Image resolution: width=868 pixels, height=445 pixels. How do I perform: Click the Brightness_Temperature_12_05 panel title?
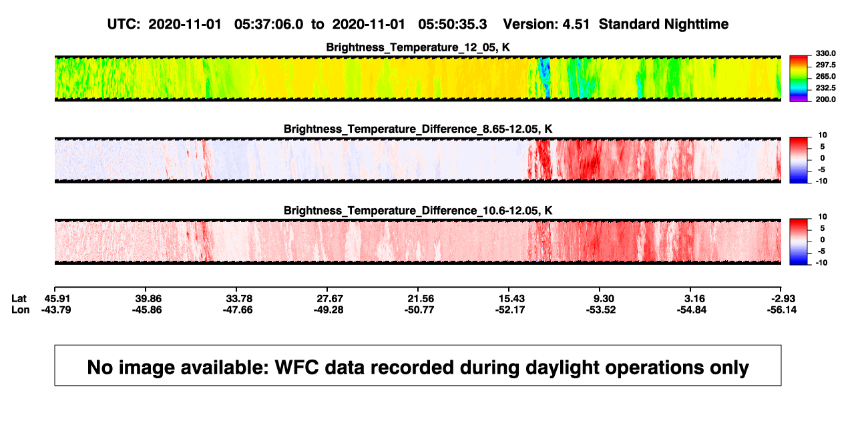418,47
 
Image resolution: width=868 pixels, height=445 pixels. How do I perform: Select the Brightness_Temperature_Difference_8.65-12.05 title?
418,129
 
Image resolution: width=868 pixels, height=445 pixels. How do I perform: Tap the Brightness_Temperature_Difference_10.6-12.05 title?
418,211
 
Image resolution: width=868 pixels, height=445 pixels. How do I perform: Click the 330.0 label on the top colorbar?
825,53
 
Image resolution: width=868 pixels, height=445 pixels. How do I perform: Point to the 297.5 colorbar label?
825,65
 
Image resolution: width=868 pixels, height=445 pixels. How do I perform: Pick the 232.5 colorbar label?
825,88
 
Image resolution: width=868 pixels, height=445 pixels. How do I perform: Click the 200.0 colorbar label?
825,99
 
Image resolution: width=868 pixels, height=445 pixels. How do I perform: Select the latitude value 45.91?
57,299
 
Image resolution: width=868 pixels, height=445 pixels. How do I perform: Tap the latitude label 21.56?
421,299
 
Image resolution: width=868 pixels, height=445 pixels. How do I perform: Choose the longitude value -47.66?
238,310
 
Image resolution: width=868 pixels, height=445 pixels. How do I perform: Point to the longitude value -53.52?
601,310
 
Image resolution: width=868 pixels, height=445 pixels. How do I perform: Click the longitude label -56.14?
782,310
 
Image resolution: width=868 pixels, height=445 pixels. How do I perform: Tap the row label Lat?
19,299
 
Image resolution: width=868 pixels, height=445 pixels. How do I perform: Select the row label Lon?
20,310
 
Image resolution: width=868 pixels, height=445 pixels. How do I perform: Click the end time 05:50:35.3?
452,25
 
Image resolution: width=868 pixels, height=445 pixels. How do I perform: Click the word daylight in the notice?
561,368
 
